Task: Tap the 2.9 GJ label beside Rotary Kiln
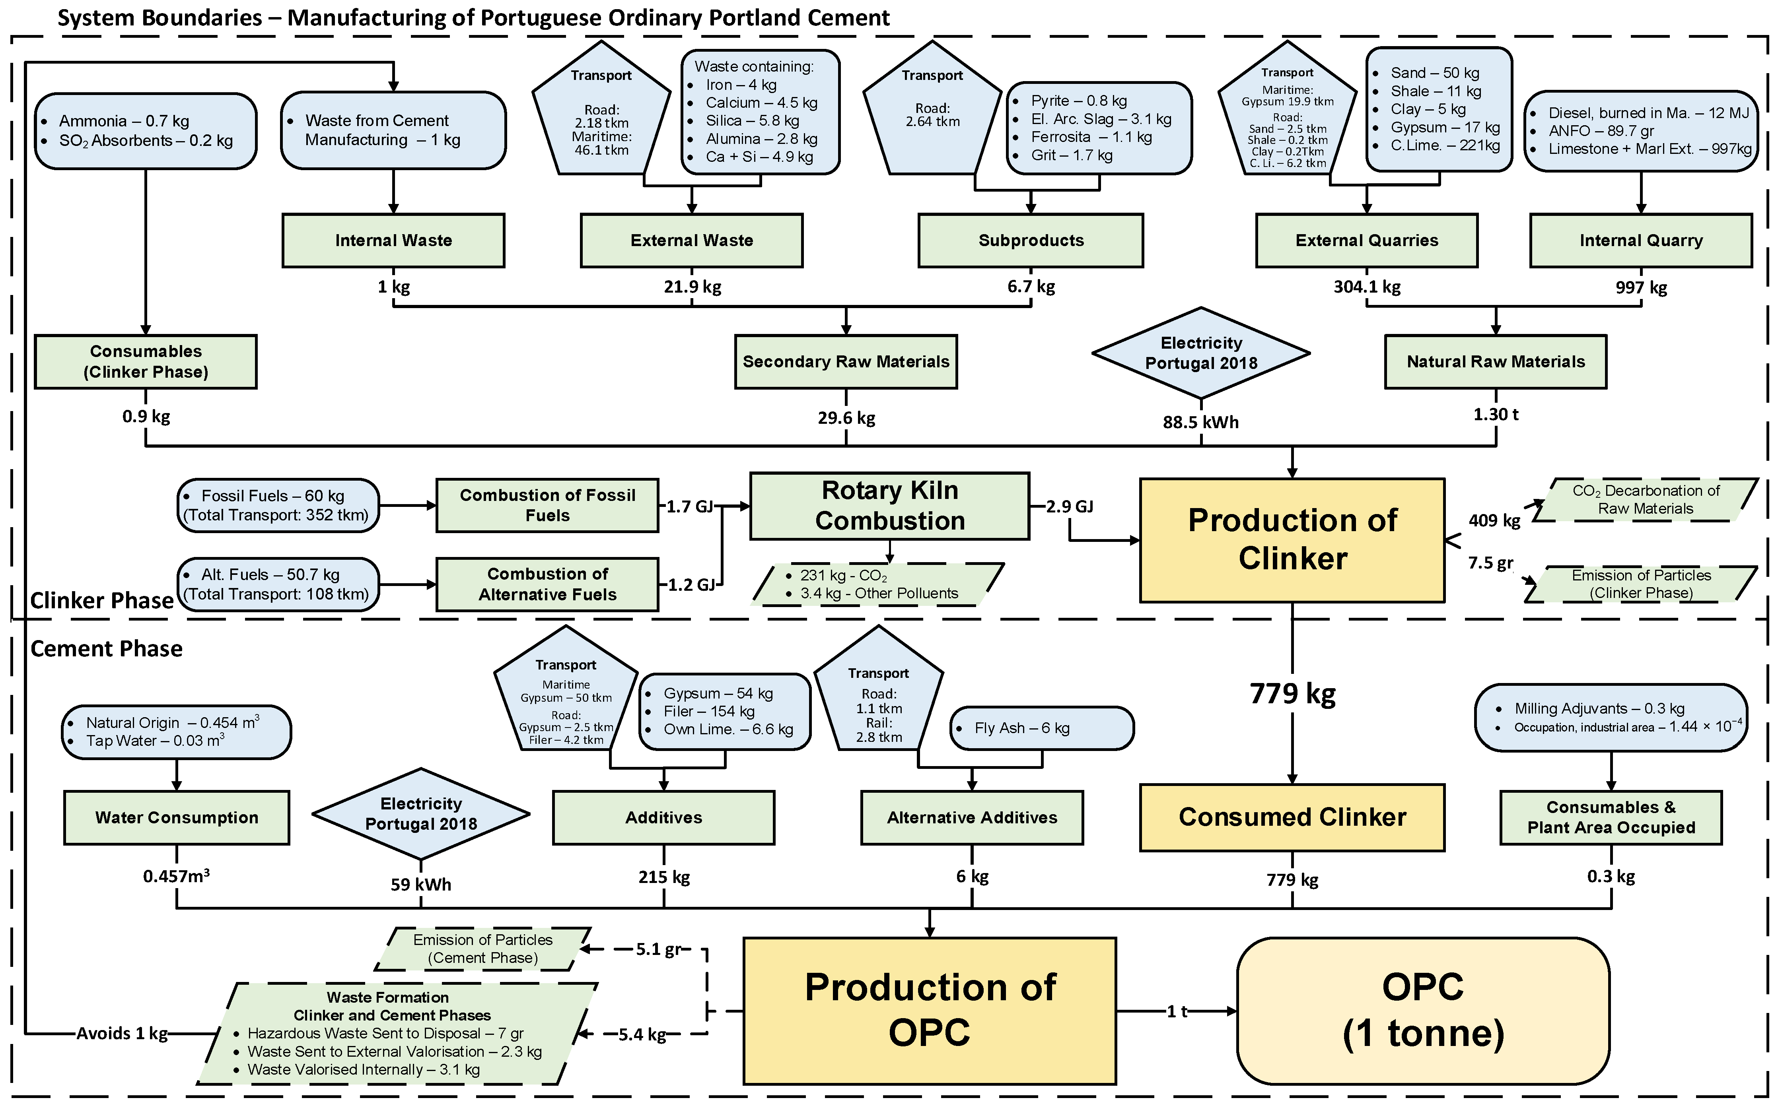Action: coord(1069,506)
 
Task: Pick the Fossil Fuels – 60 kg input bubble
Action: coord(278,505)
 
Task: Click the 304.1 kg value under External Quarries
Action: coord(1366,287)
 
